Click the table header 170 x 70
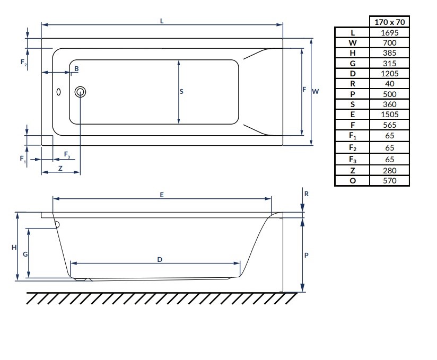tap(390, 22)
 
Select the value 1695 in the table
tap(390, 32)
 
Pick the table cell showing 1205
tap(390, 73)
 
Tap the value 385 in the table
tap(390, 53)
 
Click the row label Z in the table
tap(352, 170)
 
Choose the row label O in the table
tap(352, 180)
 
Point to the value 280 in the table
tap(390, 170)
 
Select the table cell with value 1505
tap(390, 114)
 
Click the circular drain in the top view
tap(81, 92)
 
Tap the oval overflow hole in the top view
tap(59, 92)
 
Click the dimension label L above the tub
tap(162, 21)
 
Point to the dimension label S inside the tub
tap(181, 92)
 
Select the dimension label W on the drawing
tap(315, 91)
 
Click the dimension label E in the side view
tap(162, 195)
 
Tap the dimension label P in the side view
tap(307, 255)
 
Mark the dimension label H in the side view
tap(14, 248)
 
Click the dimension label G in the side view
tap(25, 254)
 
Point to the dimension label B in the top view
tap(76, 69)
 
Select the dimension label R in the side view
tap(307, 194)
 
